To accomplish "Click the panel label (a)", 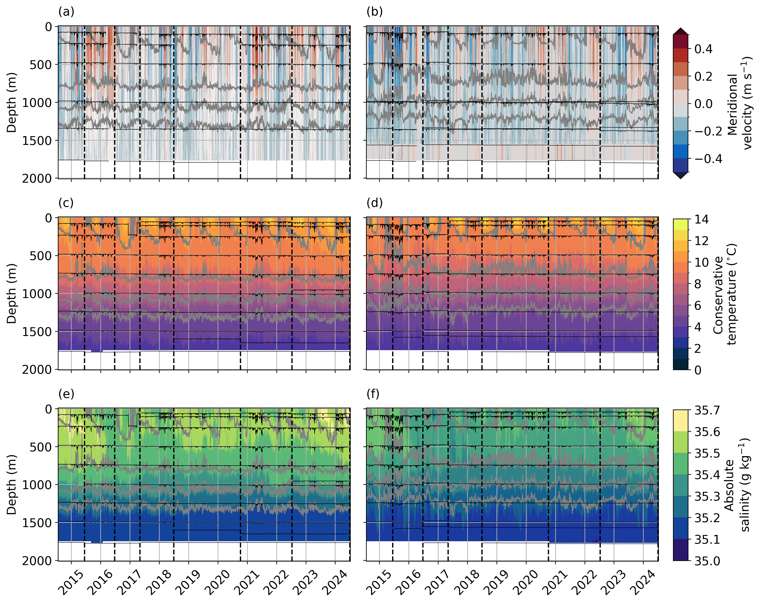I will click(66, 12).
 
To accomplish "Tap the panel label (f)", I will click(373, 394).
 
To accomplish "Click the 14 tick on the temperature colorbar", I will click(701, 219).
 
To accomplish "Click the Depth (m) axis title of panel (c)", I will click(12, 294).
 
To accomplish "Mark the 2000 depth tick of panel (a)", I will click(37, 179).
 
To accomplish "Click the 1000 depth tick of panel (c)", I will click(37, 294).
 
